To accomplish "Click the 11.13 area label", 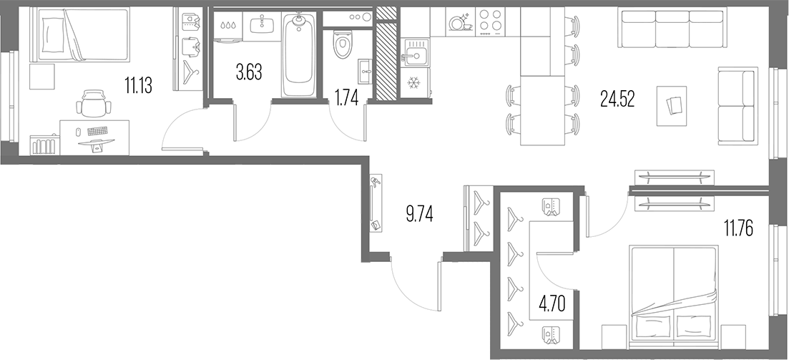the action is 138,86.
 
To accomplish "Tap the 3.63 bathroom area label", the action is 249,72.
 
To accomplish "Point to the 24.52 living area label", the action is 617,99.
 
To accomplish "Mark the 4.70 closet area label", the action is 552,304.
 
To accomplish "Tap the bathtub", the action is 298,54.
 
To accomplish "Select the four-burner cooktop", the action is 490,21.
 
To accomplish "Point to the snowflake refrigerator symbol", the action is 413,82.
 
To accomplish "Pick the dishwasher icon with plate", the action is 459,22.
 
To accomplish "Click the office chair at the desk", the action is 93,103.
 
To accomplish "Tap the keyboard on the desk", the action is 97,131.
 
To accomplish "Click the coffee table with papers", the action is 672,106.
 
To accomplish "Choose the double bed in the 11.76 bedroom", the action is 674,292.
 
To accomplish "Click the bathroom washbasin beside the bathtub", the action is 262,23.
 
